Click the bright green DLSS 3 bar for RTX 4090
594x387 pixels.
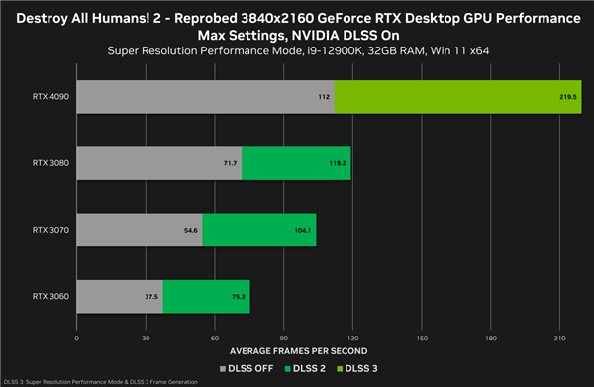pyautogui.click(x=457, y=97)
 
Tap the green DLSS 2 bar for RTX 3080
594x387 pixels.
pyautogui.click(x=295, y=163)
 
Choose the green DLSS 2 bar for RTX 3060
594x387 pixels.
pyautogui.click(x=206, y=296)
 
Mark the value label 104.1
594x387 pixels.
pyautogui.click(x=303, y=231)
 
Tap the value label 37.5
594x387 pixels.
pyautogui.click(x=151, y=296)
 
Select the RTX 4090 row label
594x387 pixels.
pyautogui.click(x=49, y=97)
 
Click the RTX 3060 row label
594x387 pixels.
pyautogui.click(x=49, y=296)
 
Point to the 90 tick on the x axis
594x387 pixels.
pyautogui.click(x=284, y=338)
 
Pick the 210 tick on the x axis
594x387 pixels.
pyautogui.click(x=559, y=338)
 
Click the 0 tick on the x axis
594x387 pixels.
pyautogui.click(x=76, y=338)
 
